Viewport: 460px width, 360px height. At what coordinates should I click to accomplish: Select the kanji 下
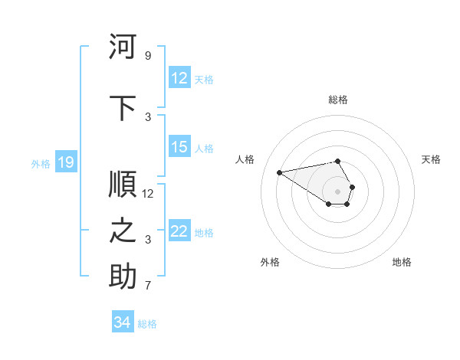coord(123,108)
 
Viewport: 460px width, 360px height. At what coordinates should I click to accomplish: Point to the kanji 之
coord(123,231)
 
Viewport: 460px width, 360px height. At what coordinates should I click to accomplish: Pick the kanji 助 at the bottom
coord(123,277)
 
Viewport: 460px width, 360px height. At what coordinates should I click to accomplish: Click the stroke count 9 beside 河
coord(148,56)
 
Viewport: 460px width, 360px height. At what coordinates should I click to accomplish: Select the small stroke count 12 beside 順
coord(148,193)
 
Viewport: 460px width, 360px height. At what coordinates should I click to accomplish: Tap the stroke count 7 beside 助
coord(148,286)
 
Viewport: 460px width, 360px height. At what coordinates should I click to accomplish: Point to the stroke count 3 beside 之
coord(148,240)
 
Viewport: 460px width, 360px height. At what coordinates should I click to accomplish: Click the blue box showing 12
coord(179,78)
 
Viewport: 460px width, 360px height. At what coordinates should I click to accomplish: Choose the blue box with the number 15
coord(179,147)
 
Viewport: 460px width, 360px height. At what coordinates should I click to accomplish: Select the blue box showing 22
coord(179,231)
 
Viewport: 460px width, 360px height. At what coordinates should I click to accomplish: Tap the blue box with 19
coord(65,162)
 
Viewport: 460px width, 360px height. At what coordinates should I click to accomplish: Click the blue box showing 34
coord(123,322)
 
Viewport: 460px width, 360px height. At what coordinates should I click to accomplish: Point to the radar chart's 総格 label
coord(338,100)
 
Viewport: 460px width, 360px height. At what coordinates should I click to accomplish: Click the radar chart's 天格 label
coord(431,159)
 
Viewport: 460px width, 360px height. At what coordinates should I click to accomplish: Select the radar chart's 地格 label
coord(402,262)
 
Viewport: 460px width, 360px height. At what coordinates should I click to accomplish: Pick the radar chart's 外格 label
coord(270,262)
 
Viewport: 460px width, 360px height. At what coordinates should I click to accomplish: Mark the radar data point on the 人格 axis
coord(279,172)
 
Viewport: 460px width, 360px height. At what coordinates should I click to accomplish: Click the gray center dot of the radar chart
coord(337,191)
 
